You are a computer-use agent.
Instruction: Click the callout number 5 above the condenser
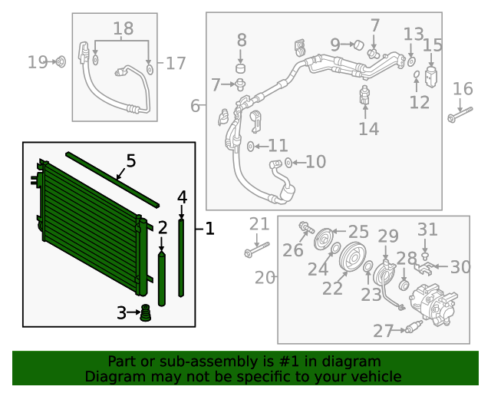click(x=130, y=161)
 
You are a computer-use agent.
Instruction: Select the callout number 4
click(x=182, y=197)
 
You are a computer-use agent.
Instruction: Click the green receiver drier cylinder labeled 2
click(x=162, y=280)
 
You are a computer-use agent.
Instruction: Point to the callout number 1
click(x=209, y=229)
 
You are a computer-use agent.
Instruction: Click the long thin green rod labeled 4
click(x=182, y=257)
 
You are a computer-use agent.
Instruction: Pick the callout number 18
click(x=123, y=30)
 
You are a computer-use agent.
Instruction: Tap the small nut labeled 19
click(x=61, y=61)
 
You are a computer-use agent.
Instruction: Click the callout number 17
click(x=176, y=63)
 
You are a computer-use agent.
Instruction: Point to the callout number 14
click(x=368, y=129)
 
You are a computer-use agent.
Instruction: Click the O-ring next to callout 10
click(x=288, y=162)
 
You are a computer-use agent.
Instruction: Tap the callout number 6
click(x=195, y=105)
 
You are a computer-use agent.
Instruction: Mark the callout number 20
click(x=265, y=278)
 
